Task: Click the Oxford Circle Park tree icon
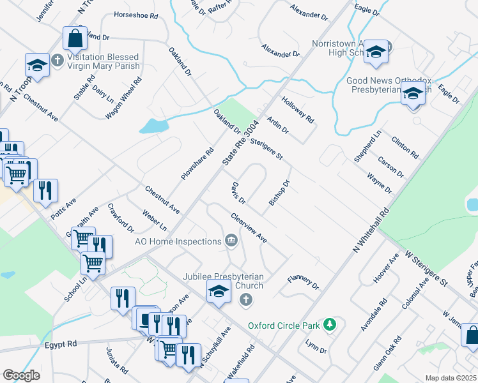click(329, 325)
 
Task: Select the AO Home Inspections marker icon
click(231, 241)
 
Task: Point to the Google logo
click(22, 375)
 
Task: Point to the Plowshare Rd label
click(197, 164)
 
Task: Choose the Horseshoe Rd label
click(135, 14)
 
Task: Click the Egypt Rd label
click(61, 343)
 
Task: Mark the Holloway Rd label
click(298, 109)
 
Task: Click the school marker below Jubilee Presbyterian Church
click(219, 292)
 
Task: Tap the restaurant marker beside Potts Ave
click(45, 191)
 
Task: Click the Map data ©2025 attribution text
click(451, 377)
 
